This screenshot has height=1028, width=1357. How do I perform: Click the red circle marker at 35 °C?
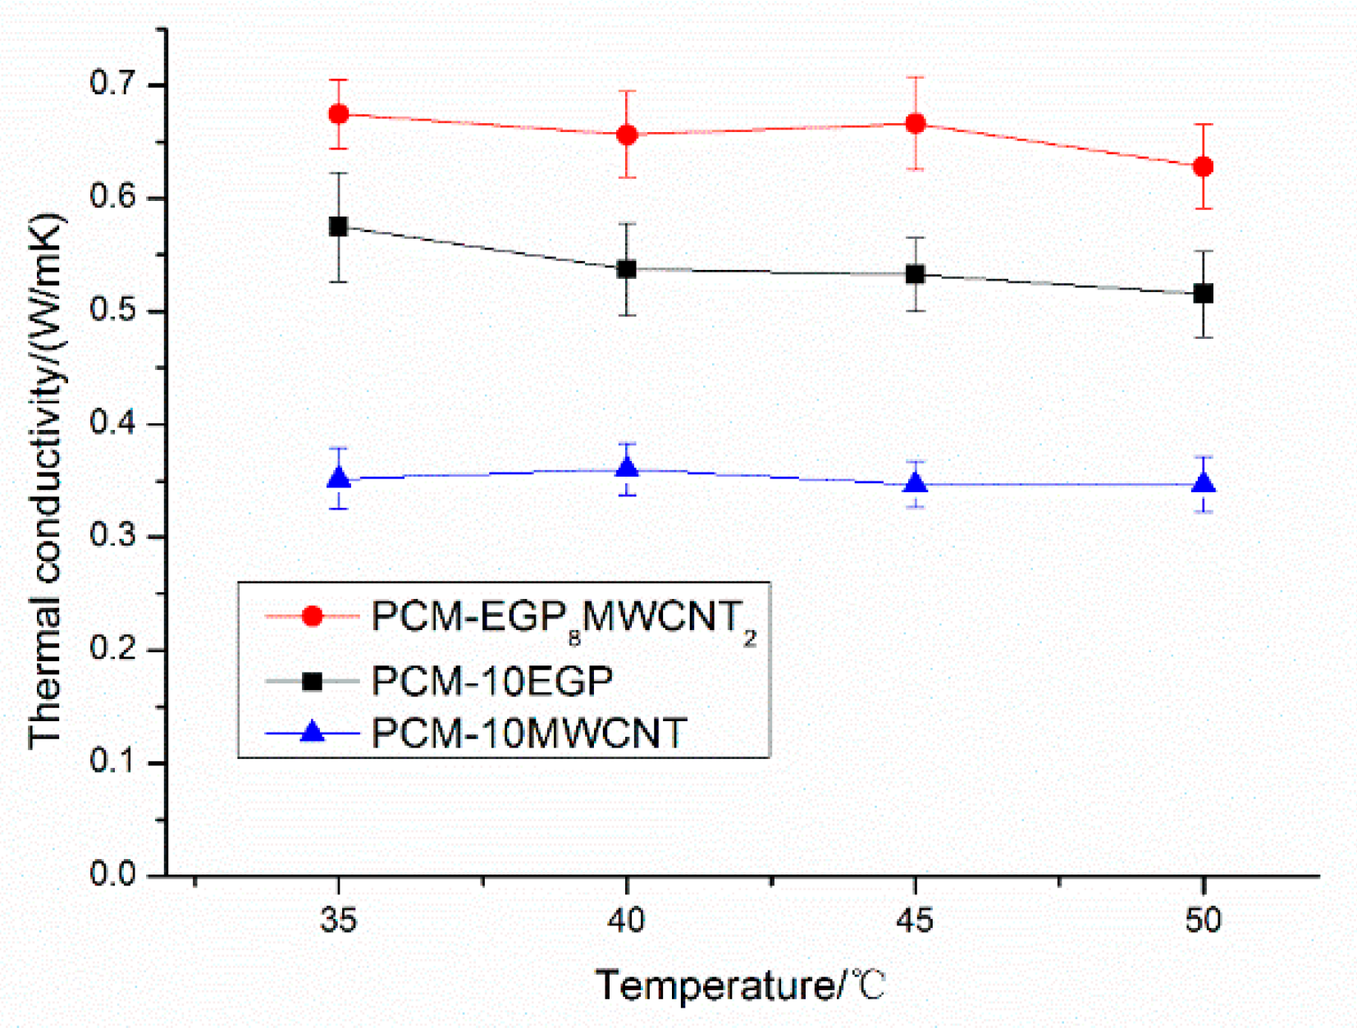338,114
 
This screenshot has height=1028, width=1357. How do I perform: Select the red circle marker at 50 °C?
1203,167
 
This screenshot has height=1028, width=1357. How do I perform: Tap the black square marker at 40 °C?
626,269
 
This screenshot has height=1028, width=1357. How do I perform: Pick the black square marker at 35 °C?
338,226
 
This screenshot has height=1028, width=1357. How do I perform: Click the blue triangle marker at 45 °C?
915,484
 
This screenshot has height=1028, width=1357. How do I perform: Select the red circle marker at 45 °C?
915,124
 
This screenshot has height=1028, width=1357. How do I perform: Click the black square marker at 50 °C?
1203,294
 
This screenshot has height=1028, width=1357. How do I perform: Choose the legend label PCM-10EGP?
492,681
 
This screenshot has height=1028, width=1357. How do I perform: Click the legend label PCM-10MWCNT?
528,733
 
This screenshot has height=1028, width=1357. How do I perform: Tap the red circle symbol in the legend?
313,616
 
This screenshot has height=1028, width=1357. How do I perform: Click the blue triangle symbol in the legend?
313,732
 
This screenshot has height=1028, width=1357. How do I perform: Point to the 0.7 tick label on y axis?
113,84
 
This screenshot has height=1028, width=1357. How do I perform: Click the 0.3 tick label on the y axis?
113,536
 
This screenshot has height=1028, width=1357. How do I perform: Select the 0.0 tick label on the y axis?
113,875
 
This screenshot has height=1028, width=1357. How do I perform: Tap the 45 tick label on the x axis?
915,921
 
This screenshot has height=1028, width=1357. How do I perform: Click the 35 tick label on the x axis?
338,921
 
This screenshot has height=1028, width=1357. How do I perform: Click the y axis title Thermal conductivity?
45,480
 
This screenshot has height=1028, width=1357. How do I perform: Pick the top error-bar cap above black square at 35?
338,173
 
